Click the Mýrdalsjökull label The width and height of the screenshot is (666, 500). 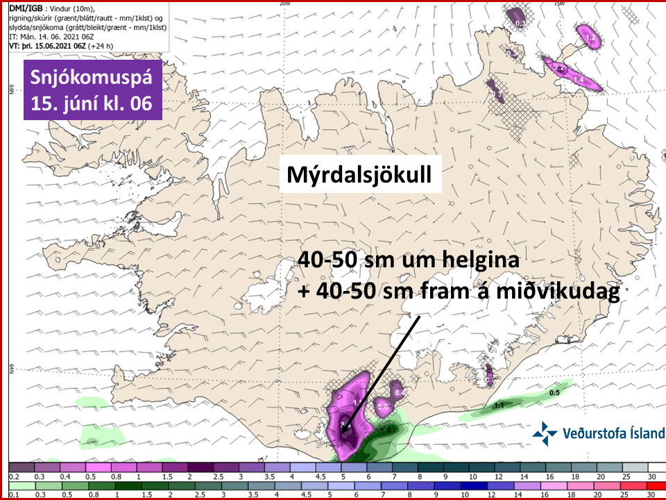(360, 176)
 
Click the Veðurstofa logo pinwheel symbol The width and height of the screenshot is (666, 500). (545, 433)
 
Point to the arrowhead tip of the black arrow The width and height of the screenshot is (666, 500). (343, 432)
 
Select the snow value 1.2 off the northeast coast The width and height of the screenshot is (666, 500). (591, 37)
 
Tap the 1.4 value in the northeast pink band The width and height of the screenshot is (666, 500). (576, 81)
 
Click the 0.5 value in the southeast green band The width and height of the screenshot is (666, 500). (554, 393)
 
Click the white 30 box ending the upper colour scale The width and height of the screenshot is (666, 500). (650, 469)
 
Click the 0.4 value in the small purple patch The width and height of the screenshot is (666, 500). (399, 393)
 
